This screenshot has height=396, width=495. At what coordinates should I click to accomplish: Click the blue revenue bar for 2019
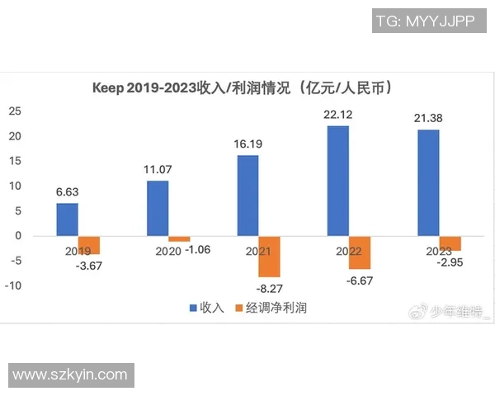68,219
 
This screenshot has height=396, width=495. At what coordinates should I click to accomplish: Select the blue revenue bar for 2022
337,181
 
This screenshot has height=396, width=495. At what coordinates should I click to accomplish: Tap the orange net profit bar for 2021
269,257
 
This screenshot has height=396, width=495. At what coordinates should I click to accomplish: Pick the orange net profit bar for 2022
359,252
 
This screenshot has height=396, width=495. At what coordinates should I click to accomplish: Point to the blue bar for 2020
158,208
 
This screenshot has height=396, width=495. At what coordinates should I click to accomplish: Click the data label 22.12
337,115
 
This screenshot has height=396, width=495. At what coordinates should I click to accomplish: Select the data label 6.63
68,192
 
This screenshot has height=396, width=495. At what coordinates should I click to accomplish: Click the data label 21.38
428,119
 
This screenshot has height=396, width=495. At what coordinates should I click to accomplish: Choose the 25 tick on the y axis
15,111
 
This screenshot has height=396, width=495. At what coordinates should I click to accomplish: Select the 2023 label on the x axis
428,250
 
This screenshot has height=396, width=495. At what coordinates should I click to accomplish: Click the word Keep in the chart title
108,87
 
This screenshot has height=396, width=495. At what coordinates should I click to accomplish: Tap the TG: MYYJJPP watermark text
424,22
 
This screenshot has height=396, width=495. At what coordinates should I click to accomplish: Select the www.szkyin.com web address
70,375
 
